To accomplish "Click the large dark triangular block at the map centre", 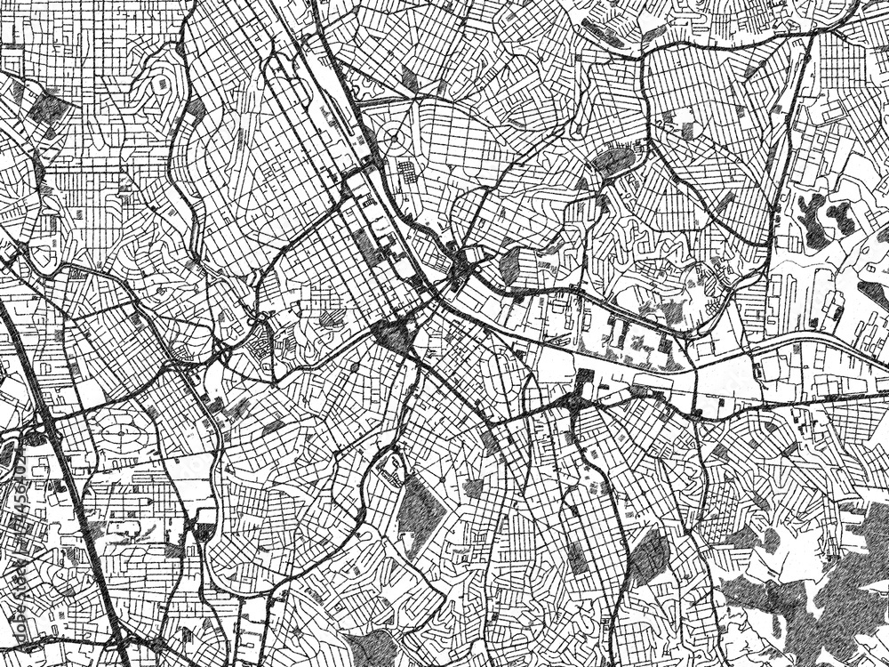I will (x=392, y=337).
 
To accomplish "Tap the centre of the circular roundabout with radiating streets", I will (x=392, y=139).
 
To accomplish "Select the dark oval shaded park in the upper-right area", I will (x=613, y=160).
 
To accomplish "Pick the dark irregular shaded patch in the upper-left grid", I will (x=49, y=108).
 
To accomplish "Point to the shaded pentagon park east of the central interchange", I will (x=510, y=263).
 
